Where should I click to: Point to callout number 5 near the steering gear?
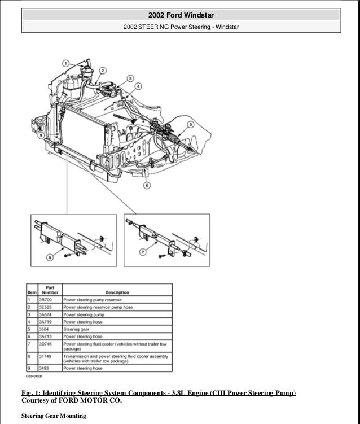tap(190, 124)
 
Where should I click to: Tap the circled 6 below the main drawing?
tap(147, 185)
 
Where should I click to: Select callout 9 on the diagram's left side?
tap(41, 135)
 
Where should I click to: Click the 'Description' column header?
tap(116, 292)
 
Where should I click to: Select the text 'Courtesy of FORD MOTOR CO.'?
tap(71, 401)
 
